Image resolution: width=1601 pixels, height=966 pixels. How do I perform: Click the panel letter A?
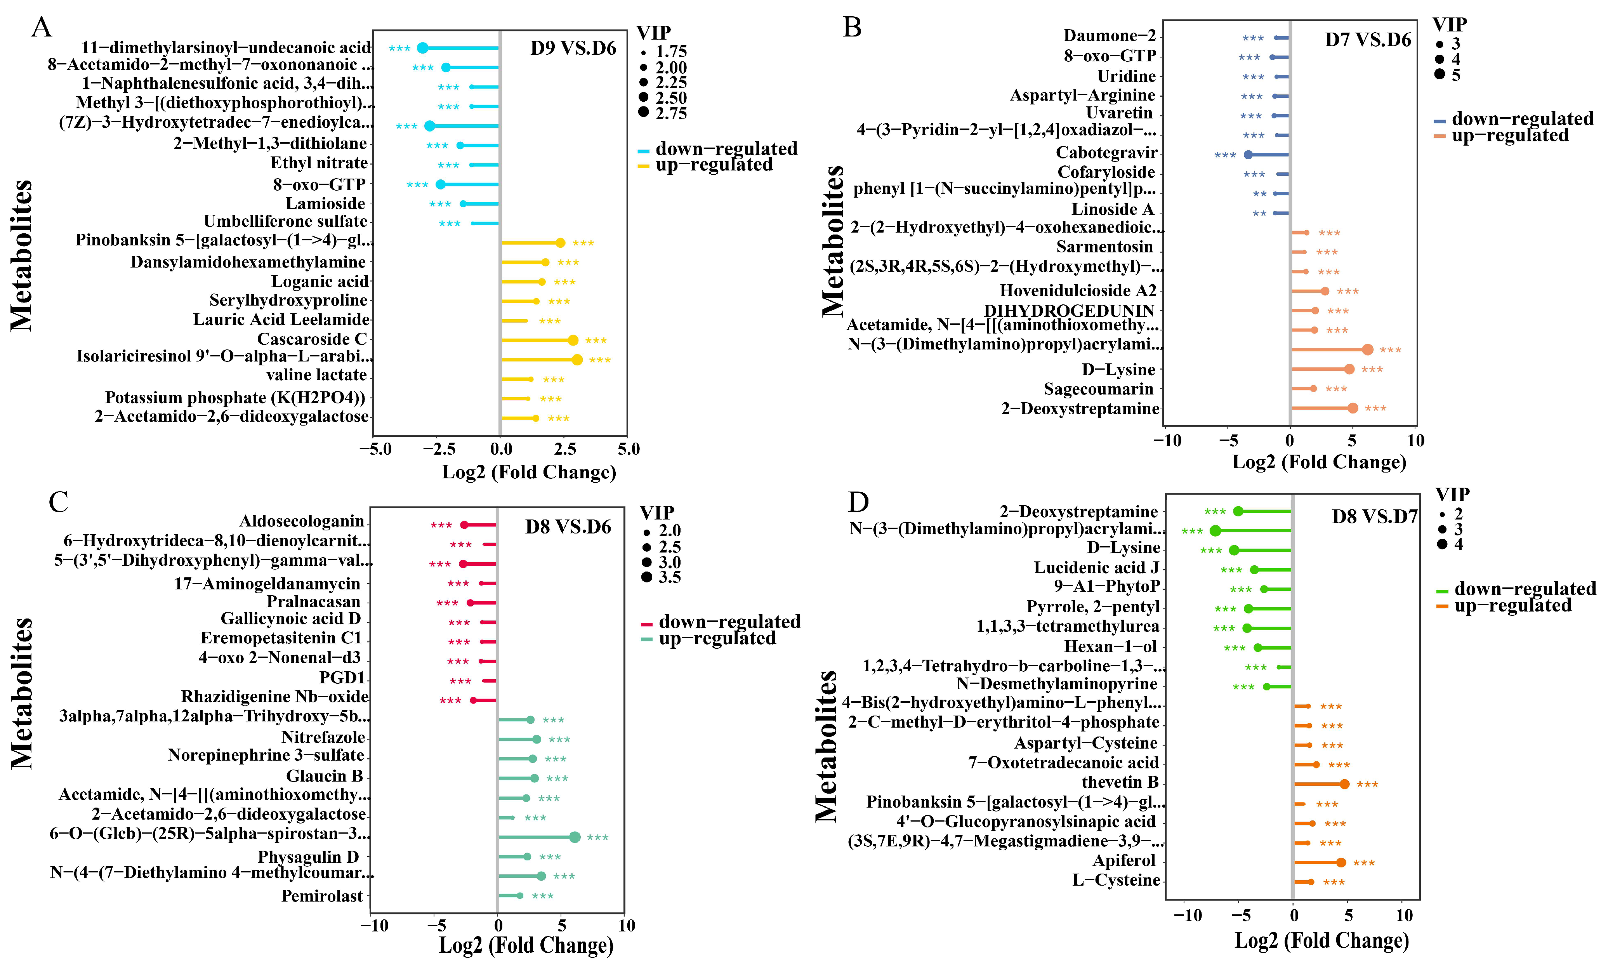[42, 28]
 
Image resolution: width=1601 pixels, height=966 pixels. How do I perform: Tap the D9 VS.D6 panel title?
[573, 48]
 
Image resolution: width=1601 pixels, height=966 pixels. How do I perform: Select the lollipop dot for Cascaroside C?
[573, 341]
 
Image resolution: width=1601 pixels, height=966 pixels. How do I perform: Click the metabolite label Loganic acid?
[320, 281]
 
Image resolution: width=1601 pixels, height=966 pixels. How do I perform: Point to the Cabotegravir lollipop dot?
[1248, 155]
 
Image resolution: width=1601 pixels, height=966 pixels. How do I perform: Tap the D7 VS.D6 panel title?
[1368, 40]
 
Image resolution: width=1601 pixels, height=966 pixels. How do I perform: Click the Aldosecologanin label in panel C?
[302, 521]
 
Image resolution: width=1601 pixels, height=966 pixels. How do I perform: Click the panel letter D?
[858, 502]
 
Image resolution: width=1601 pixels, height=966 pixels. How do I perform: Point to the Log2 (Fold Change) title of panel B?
[1319, 462]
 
